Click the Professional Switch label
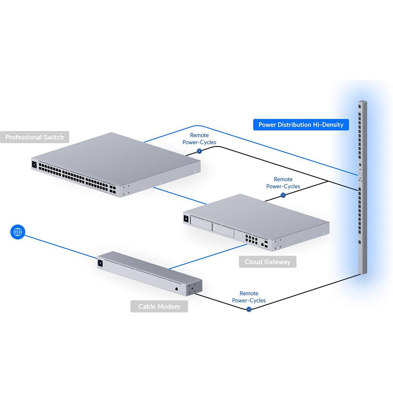point(35,137)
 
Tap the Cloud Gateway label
point(267,262)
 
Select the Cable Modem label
point(159,307)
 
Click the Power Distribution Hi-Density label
point(301,125)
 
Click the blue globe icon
point(17,232)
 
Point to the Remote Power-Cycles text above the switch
point(199,139)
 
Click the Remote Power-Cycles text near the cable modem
point(249,297)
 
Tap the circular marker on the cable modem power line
point(249,309)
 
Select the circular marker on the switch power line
point(199,151)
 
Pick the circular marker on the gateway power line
point(283,195)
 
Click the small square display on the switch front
point(34,164)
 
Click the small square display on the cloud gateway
point(186,218)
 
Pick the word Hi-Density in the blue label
point(328,125)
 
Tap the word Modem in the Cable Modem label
point(169,307)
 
